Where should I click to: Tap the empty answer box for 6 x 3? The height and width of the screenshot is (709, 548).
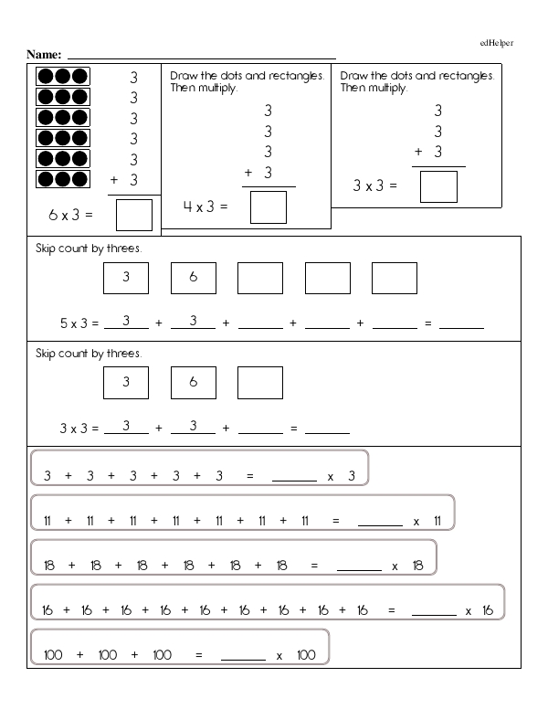pos(134,217)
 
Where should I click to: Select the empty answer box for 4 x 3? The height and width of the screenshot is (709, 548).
pos(268,206)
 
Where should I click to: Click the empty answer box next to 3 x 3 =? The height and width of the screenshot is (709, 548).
pos(438,185)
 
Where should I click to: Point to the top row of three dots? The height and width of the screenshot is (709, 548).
pos(62,77)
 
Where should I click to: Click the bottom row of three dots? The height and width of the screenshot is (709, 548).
pos(62,178)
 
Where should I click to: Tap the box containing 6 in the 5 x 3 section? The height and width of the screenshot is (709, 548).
pos(193,279)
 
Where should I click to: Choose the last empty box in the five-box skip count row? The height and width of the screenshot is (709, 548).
pos(394,279)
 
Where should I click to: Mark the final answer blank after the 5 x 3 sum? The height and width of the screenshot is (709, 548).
pos(461,323)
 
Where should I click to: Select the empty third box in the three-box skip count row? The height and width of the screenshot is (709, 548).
pos(260,383)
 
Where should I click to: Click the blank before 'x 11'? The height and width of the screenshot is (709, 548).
pos(380,522)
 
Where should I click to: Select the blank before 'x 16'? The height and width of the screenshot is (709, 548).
pos(434,611)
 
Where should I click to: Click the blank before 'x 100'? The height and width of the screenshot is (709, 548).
pos(243,656)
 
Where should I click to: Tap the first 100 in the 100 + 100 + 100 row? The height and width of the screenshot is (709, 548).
pos(53,656)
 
